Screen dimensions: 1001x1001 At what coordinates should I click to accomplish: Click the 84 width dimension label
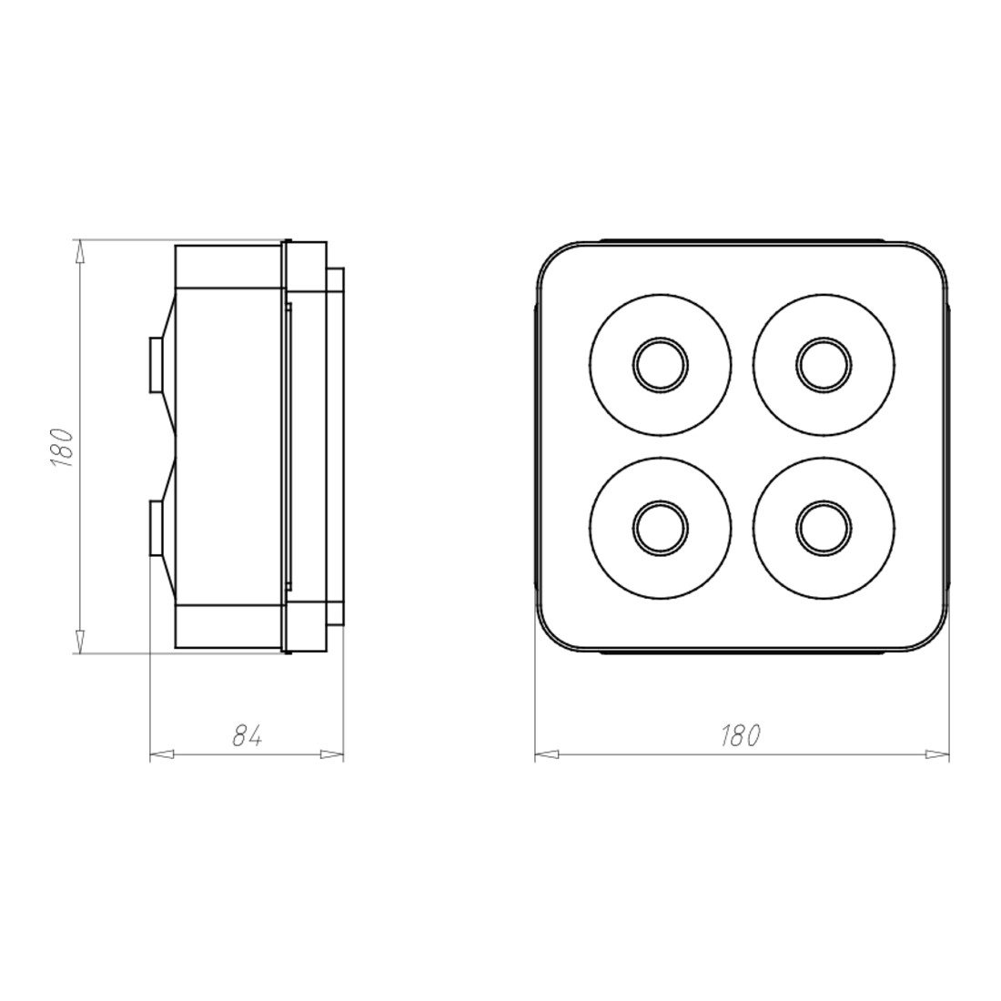tap(247, 737)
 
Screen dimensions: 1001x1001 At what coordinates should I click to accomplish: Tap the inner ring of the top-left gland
tap(661, 365)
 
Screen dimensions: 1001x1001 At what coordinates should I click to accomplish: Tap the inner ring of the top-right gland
tap(824, 365)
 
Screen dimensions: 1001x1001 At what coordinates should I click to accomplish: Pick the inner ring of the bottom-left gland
tap(661, 528)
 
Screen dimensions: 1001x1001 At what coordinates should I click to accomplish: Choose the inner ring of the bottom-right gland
tap(824, 528)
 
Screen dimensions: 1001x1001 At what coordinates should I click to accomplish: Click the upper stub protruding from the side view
tap(157, 365)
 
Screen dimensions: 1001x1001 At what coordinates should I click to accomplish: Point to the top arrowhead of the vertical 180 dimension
tap(80, 251)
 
